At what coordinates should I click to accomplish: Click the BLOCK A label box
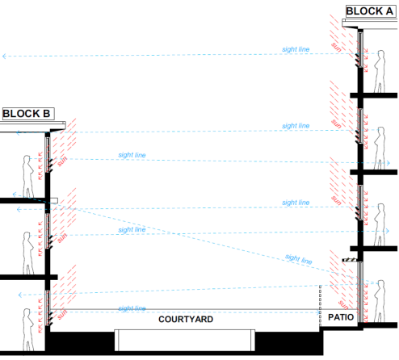point(371,11)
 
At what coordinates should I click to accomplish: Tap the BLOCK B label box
point(28,114)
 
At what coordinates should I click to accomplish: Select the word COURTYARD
point(186,320)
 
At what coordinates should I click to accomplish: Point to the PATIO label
point(341,317)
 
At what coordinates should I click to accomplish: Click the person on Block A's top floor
point(379,71)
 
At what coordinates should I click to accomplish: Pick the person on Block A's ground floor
point(379,301)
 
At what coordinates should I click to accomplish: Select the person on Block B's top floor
point(28,177)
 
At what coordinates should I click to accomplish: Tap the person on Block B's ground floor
point(28,329)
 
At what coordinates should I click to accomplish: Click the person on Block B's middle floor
point(28,253)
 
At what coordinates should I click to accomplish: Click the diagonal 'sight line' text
point(299,259)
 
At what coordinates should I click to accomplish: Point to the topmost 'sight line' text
point(296,49)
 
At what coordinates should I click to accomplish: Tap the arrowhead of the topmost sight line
point(4,57)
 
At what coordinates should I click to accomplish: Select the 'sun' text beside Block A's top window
point(337,47)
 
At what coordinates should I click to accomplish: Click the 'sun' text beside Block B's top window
point(62,161)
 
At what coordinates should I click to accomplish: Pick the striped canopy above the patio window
point(350,260)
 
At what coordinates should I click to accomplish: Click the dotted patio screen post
point(320,306)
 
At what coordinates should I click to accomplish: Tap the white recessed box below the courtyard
point(185,340)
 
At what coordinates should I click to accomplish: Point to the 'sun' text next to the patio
point(343,305)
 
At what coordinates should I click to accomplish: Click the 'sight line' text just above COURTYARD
point(132,308)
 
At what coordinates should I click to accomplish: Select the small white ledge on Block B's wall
point(54,201)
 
